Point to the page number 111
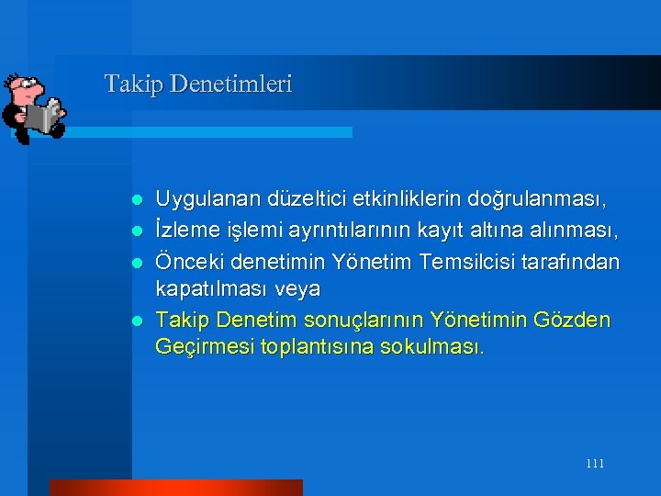(594, 464)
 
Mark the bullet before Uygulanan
(135, 199)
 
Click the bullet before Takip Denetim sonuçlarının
(135, 321)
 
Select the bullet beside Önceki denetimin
(135, 262)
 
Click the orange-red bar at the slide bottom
(175, 487)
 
